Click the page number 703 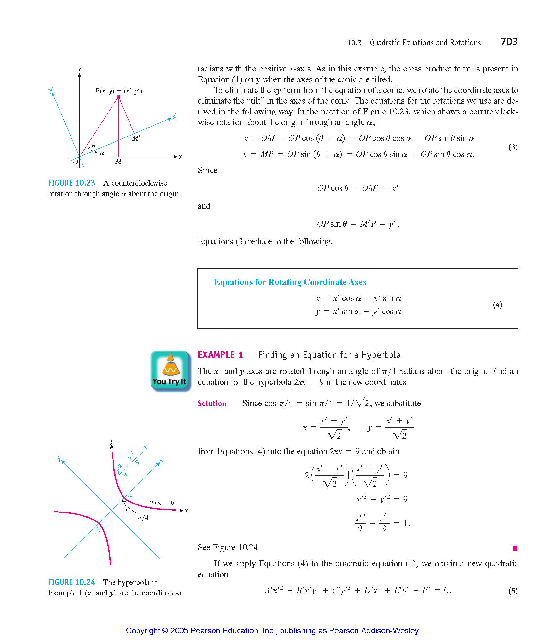pos(509,42)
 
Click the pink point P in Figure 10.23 pos(119,96)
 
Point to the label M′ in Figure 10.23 pos(136,138)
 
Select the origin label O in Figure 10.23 pos(76,162)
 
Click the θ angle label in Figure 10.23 pos(94,146)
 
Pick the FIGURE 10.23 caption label pos(71,183)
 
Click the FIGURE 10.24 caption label pos(71,582)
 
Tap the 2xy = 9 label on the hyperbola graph pos(162,503)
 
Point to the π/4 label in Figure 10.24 pos(143,518)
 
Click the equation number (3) pos(513,147)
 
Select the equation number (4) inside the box pos(497,305)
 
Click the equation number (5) pos(513,591)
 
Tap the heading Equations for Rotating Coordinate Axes pos(290,282)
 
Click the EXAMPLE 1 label pos(221,355)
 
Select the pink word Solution pos(212,404)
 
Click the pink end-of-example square pos(515,548)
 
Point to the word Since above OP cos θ pos(207,170)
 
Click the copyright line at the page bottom pos(272,630)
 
